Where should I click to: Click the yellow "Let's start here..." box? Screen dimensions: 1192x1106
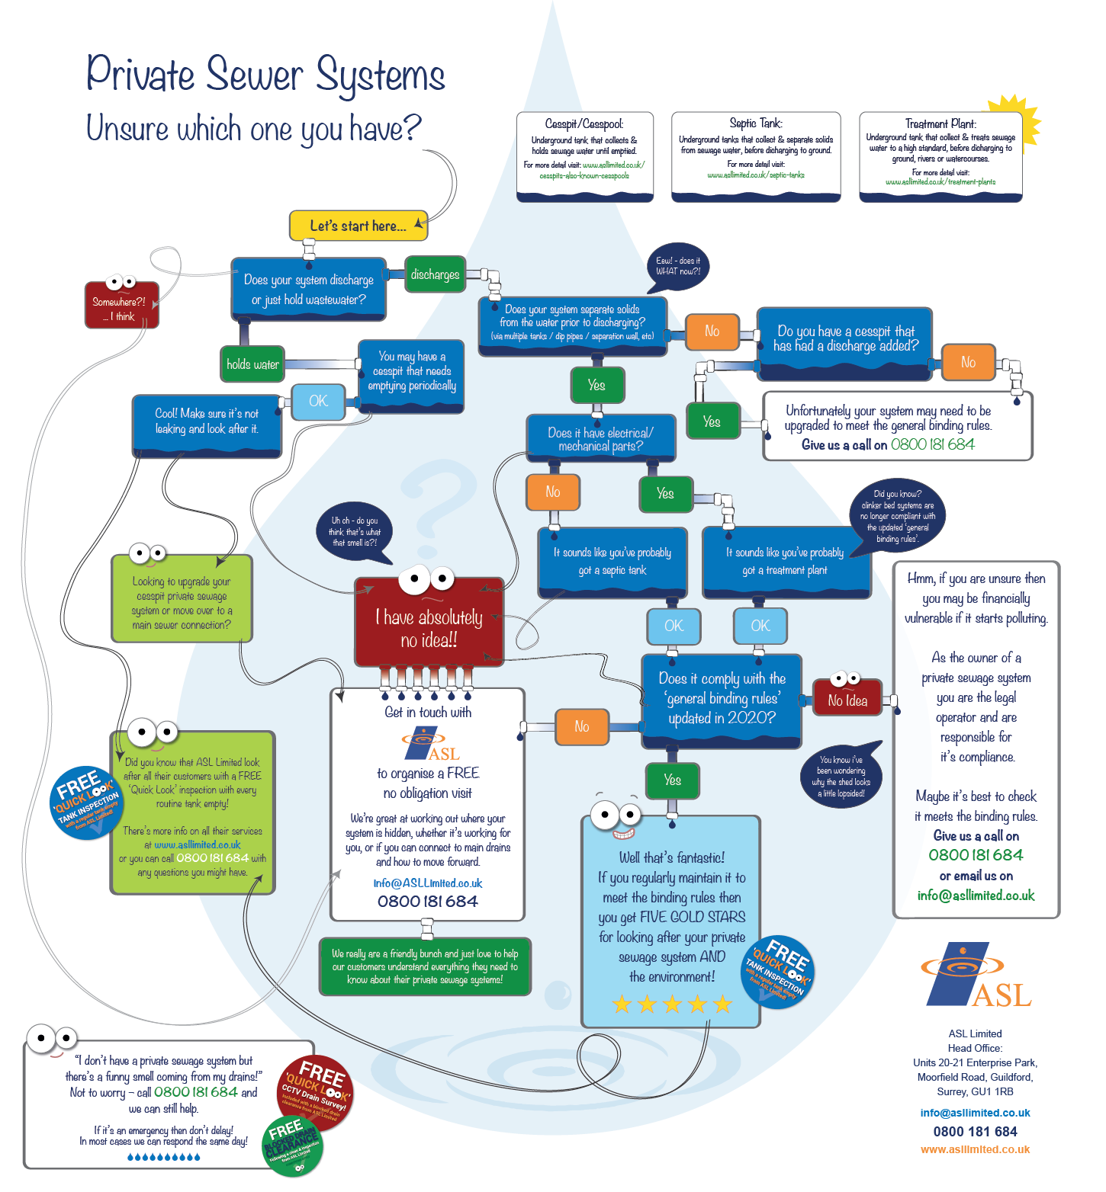tap(358, 226)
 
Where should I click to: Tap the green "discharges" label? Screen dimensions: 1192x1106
tap(435, 274)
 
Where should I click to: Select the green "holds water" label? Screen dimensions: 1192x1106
tap(252, 364)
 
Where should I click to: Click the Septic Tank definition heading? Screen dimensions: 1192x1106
tap(755, 123)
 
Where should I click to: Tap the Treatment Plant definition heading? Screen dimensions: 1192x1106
tap(940, 123)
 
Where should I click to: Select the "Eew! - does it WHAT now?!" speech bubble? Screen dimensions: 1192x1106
tap(677, 266)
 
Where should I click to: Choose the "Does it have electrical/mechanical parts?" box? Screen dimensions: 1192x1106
tap(600, 439)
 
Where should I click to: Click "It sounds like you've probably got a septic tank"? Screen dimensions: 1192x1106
tap(612, 562)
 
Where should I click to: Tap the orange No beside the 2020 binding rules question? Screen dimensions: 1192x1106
tap(581, 726)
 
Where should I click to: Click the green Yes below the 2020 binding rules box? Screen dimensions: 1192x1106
tap(672, 780)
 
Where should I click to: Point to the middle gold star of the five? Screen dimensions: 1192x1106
tap(672, 1004)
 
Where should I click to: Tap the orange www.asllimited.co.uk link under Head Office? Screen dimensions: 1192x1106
tap(975, 1149)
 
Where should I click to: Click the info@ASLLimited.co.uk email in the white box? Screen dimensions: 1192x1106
tap(428, 883)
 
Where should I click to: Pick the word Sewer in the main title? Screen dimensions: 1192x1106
tap(255, 75)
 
